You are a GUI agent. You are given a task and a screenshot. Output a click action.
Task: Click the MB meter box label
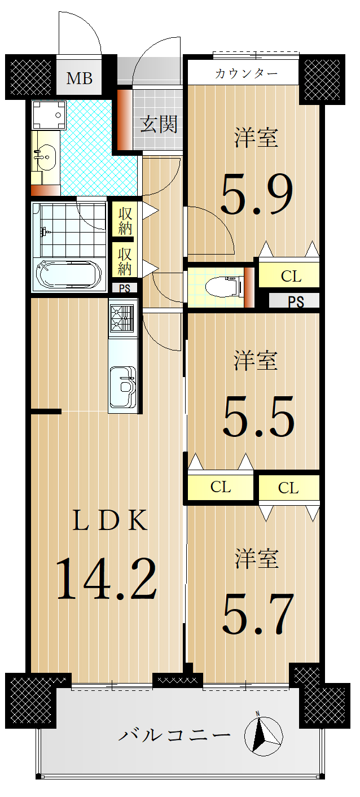80,78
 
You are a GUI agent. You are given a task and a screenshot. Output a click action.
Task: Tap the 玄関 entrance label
159,124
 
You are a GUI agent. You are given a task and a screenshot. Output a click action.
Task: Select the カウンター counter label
246,73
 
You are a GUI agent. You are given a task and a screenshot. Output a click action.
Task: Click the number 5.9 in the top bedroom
257,194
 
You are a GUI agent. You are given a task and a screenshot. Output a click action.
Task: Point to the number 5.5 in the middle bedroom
258,417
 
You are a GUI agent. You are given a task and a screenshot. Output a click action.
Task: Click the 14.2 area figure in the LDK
106,579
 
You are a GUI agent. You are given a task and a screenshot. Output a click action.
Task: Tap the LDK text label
109,520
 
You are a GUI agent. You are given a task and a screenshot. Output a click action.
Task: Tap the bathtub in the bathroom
69,275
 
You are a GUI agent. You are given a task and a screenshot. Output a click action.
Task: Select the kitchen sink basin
123,386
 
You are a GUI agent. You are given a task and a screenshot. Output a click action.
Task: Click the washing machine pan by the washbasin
49,115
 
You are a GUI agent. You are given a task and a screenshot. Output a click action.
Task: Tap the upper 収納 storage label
125,221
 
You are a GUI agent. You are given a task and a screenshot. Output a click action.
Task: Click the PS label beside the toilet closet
296,302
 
